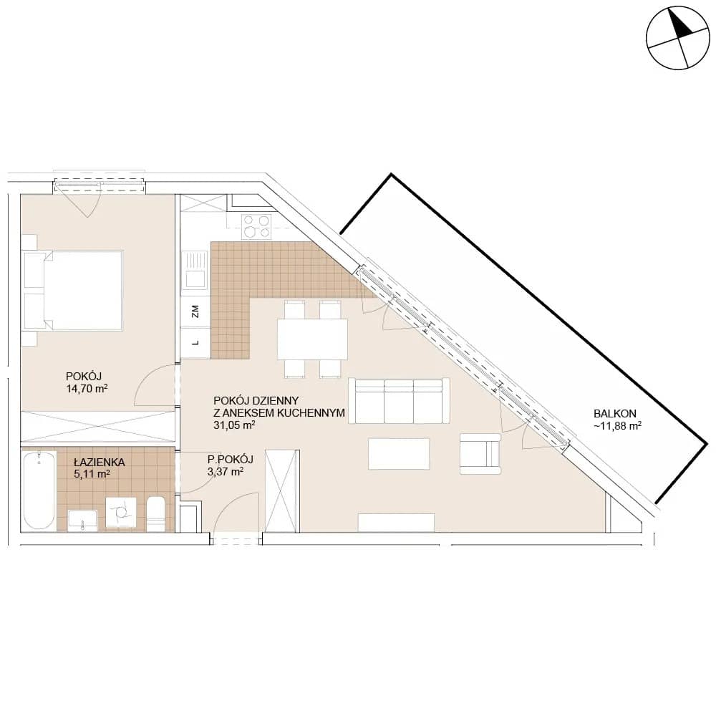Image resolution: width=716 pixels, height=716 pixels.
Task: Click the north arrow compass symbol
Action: (x=678, y=38)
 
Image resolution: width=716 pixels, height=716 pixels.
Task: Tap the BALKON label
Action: (x=614, y=414)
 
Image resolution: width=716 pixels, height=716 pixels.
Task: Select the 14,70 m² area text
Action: (x=87, y=389)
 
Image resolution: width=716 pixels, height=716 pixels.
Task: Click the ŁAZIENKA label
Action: (x=99, y=462)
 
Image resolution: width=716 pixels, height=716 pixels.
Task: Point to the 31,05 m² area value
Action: (x=234, y=425)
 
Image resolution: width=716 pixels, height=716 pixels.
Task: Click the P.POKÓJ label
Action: (x=230, y=460)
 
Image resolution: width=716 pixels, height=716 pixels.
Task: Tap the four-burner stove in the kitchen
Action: (x=256, y=226)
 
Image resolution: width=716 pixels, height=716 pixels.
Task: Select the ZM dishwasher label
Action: (x=195, y=311)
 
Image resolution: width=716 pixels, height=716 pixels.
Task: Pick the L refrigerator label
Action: (x=195, y=342)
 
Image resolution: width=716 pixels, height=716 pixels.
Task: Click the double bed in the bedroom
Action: (x=74, y=291)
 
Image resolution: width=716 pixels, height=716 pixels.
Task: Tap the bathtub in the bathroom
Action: (x=39, y=490)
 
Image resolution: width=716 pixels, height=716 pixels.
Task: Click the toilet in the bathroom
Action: (x=156, y=513)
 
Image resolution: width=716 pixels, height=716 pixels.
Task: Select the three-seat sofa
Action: (x=399, y=401)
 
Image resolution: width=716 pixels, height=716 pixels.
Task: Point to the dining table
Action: (x=312, y=339)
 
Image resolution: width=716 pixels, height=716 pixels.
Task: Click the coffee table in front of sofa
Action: (x=399, y=454)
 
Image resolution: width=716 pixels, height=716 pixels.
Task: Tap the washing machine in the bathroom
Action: (x=121, y=513)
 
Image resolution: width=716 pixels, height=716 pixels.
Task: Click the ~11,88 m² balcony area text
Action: (x=617, y=426)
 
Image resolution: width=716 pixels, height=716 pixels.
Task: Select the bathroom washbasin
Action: (x=82, y=521)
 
